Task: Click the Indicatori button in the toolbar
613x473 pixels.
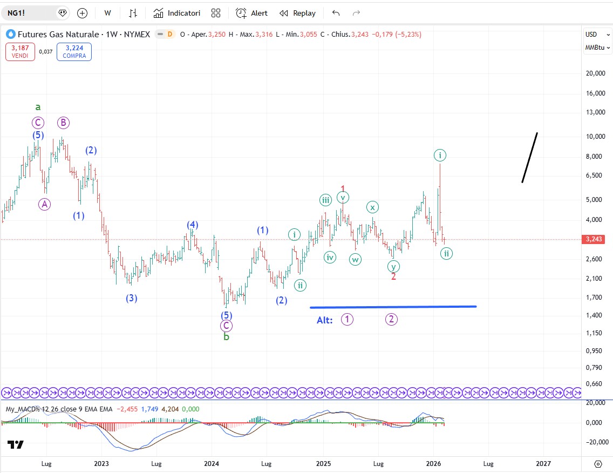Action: tap(177, 13)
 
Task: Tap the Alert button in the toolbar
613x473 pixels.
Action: tap(251, 13)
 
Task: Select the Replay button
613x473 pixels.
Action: tap(297, 13)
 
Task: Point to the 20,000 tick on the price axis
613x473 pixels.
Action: tap(596, 73)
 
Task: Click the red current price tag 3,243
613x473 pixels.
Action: tap(596, 239)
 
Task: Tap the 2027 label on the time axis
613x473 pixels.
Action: tap(543, 463)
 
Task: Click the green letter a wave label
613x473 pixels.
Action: tap(38, 107)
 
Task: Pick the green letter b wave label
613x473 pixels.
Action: tap(227, 337)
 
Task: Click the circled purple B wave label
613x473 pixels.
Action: tap(63, 123)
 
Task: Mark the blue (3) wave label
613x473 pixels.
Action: tap(132, 298)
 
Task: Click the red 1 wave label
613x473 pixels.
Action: tap(343, 188)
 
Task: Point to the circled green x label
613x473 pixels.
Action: tap(372, 207)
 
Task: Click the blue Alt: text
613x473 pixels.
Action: tap(325, 320)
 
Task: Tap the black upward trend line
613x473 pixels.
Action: tap(529, 157)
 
